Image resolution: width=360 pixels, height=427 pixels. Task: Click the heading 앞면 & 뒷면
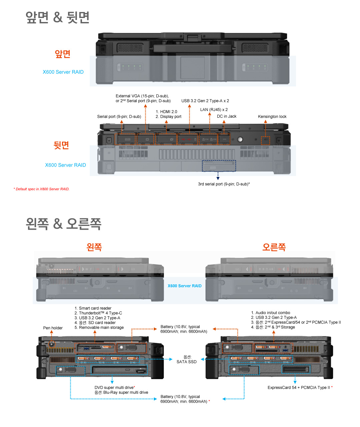(57, 17)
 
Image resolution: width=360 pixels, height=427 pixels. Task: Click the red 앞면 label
(62, 54)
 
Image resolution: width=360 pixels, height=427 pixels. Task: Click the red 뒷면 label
(61, 145)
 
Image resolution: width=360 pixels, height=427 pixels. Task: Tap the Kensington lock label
(272, 117)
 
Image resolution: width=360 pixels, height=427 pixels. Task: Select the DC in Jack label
(227, 116)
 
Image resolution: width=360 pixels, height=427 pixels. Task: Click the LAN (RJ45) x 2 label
(214, 110)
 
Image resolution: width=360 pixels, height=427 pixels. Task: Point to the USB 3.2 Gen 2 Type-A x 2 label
(205, 101)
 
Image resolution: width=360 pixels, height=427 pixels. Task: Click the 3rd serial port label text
(224, 184)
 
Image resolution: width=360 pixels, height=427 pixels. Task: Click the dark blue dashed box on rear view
(219, 166)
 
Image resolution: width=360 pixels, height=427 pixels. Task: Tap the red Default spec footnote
(41, 189)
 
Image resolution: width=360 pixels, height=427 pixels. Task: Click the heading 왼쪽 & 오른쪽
(63, 223)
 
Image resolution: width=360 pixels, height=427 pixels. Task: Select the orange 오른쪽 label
(274, 247)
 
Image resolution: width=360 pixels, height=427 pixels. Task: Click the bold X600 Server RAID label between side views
(184, 286)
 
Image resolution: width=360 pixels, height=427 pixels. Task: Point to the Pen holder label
(53, 328)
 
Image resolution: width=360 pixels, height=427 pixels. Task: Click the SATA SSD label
(186, 362)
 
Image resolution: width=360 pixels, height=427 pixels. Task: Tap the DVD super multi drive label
(114, 388)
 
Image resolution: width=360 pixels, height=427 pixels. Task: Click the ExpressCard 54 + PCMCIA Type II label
(299, 388)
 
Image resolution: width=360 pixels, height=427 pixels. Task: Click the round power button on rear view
(240, 139)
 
